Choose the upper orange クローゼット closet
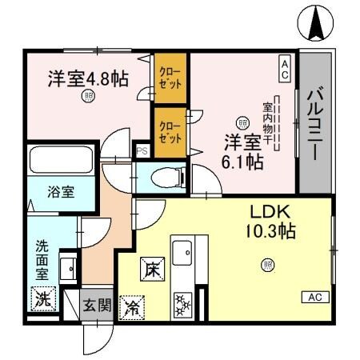coord(170,77)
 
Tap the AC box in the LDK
coord(315,297)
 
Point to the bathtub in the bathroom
coord(61,163)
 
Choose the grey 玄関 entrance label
coord(98,304)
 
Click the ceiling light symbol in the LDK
coord(266,265)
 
